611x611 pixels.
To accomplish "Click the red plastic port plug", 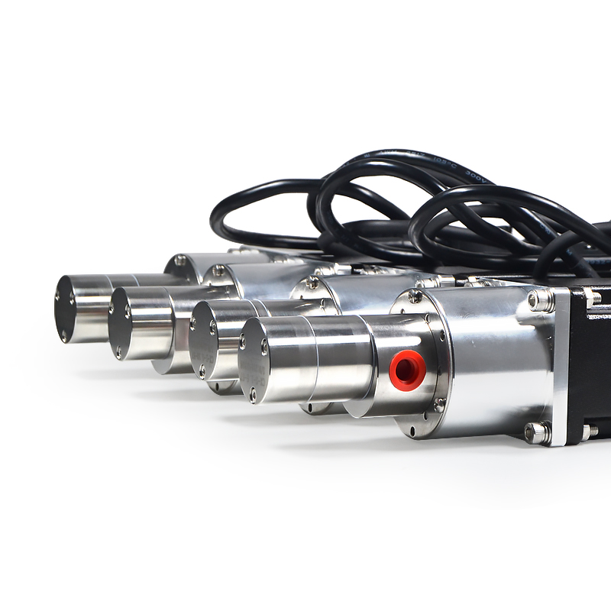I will tap(406, 370).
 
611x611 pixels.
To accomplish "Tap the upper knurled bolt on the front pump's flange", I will tap(541, 300).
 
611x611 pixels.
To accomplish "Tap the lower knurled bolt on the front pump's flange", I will tap(537, 432).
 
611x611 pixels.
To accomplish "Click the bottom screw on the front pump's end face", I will tap(253, 395).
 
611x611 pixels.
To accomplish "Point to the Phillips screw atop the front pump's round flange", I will tap(415, 297).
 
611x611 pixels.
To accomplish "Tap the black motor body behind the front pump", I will tap(592, 359).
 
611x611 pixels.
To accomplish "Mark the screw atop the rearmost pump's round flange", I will tap(180, 260).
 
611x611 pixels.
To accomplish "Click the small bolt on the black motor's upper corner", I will tap(592, 298).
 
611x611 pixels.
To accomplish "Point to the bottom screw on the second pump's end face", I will tap(119, 353).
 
